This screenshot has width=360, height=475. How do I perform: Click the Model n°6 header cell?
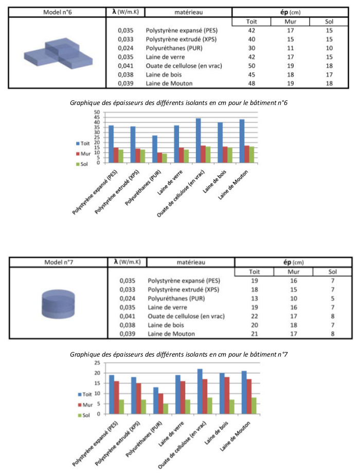click(58, 12)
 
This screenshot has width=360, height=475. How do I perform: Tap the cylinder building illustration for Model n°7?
click(58, 304)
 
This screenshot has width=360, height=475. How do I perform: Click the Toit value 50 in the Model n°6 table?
click(251, 66)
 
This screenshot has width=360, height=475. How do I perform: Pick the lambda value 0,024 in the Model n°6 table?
click(125, 48)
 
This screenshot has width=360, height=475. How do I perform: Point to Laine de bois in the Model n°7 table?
click(166, 325)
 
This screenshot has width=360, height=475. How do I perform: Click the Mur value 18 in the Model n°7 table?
click(293, 325)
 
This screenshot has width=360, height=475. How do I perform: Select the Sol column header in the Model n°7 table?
click(332, 272)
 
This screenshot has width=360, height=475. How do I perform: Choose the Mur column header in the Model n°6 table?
click(291, 22)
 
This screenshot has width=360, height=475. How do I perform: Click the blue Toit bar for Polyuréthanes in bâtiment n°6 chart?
click(155, 149)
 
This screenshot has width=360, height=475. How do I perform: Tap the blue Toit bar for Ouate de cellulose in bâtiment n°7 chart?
click(200, 392)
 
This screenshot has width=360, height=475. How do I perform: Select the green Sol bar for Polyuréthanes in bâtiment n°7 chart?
click(166, 409)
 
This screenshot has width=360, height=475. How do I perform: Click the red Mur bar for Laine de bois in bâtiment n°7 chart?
click(227, 395)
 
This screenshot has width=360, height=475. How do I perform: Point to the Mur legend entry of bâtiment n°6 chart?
click(83, 153)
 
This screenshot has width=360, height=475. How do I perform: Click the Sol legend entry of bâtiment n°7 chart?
click(84, 415)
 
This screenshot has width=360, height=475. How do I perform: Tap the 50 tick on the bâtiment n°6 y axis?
click(97, 112)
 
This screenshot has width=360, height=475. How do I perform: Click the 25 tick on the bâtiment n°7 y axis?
click(97, 363)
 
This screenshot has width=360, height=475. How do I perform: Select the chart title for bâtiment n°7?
click(178, 354)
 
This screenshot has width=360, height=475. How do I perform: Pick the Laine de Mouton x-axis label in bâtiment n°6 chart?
click(233, 184)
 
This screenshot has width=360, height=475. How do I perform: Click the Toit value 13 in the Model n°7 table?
click(255, 298)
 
